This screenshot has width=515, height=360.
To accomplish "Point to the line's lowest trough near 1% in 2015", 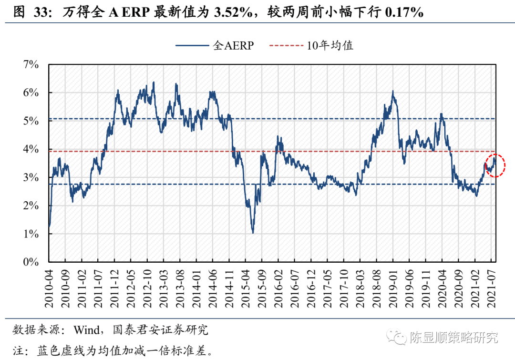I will [253, 232].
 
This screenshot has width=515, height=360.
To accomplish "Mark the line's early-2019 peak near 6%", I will [392, 92].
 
